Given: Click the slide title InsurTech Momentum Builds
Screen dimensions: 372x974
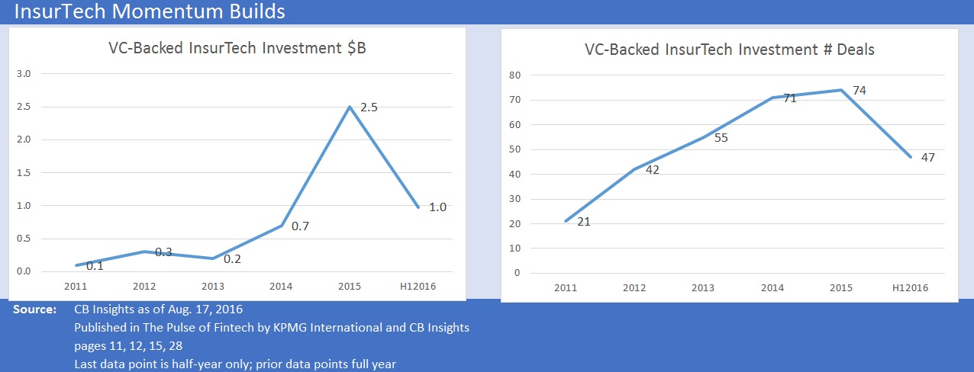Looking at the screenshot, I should (x=150, y=11).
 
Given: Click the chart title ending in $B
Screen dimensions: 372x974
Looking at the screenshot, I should (x=237, y=50).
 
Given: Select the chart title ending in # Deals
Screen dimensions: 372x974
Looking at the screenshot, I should (x=729, y=50).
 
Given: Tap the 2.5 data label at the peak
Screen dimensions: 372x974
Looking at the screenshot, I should (x=369, y=107).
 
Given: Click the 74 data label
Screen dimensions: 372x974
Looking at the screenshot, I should (x=859, y=91).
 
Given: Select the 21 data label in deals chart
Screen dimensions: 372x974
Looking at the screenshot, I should (x=584, y=222).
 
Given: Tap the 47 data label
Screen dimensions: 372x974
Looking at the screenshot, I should (x=927, y=157).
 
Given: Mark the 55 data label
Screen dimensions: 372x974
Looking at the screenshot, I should (x=722, y=138).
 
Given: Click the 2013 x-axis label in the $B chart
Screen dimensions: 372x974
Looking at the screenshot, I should (x=213, y=287).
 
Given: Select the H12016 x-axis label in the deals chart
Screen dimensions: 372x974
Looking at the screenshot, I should (x=910, y=288).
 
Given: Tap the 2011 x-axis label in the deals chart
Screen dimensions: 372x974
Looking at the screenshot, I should (x=565, y=288).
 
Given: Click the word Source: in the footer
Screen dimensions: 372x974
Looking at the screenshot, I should (x=34, y=310).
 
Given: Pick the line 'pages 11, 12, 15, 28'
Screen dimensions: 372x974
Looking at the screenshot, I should (x=128, y=345).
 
